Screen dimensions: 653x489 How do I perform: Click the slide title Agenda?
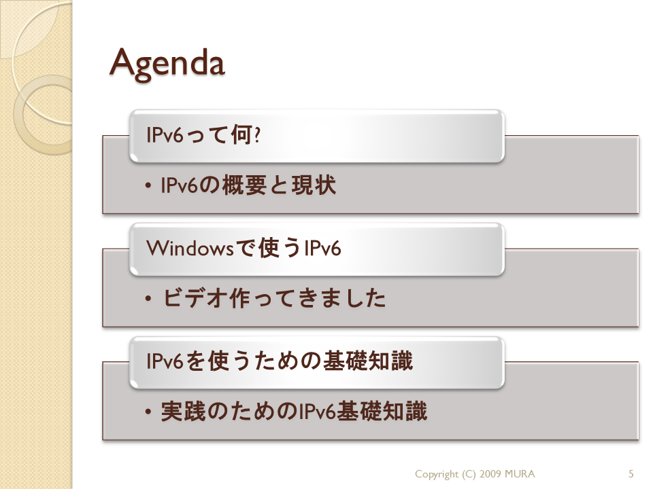[167, 64]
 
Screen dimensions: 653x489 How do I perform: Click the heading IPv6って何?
[203, 134]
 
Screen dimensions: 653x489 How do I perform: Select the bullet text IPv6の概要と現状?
[248, 185]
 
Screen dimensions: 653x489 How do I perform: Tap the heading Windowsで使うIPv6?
[244, 248]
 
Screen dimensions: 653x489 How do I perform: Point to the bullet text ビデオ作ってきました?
[274, 298]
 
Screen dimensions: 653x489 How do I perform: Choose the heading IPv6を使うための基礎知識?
[280, 361]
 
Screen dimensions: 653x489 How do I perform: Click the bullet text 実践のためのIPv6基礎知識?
[294, 412]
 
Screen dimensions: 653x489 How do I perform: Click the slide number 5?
[631, 473]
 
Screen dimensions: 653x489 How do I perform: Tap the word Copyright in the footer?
[437, 474]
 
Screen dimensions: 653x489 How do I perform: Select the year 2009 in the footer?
[490, 473]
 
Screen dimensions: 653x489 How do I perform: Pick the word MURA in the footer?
[520, 473]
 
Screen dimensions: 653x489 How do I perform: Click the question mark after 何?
[257, 135]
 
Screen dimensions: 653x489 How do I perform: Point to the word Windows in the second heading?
[190, 249]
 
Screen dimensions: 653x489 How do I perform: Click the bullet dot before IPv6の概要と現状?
[148, 186]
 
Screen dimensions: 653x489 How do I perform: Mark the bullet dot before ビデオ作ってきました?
[148, 299]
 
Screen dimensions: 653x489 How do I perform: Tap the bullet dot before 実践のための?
[148, 412]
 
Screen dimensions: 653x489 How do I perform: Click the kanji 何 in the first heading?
[241, 134]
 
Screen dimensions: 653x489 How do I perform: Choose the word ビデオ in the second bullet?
[195, 298]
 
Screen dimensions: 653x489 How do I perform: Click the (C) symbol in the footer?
[469, 474]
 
